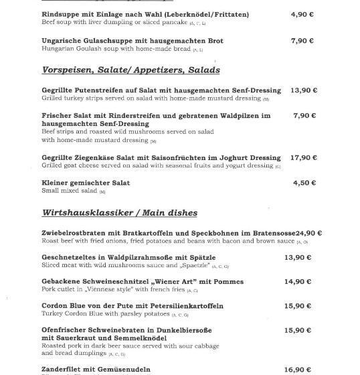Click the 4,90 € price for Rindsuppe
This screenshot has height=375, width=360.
(x=302, y=14)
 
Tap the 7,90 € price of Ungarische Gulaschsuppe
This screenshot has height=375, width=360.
(x=302, y=40)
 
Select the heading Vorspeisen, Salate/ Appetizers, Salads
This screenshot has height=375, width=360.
(x=130, y=70)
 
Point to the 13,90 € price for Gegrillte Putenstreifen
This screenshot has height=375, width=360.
(x=304, y=90)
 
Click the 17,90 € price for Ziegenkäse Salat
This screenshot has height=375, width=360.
(x=304, y=157)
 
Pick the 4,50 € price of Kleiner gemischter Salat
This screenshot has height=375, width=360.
(x=304, y=183)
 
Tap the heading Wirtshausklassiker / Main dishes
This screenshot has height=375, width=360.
(x=119, y=213)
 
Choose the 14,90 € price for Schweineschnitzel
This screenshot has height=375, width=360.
(x=298, y=281)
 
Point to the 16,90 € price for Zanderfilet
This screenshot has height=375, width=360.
(x=298, y=370)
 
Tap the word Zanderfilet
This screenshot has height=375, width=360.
(x=63, y=370)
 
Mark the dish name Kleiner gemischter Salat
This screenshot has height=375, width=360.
(x=86, y=183)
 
